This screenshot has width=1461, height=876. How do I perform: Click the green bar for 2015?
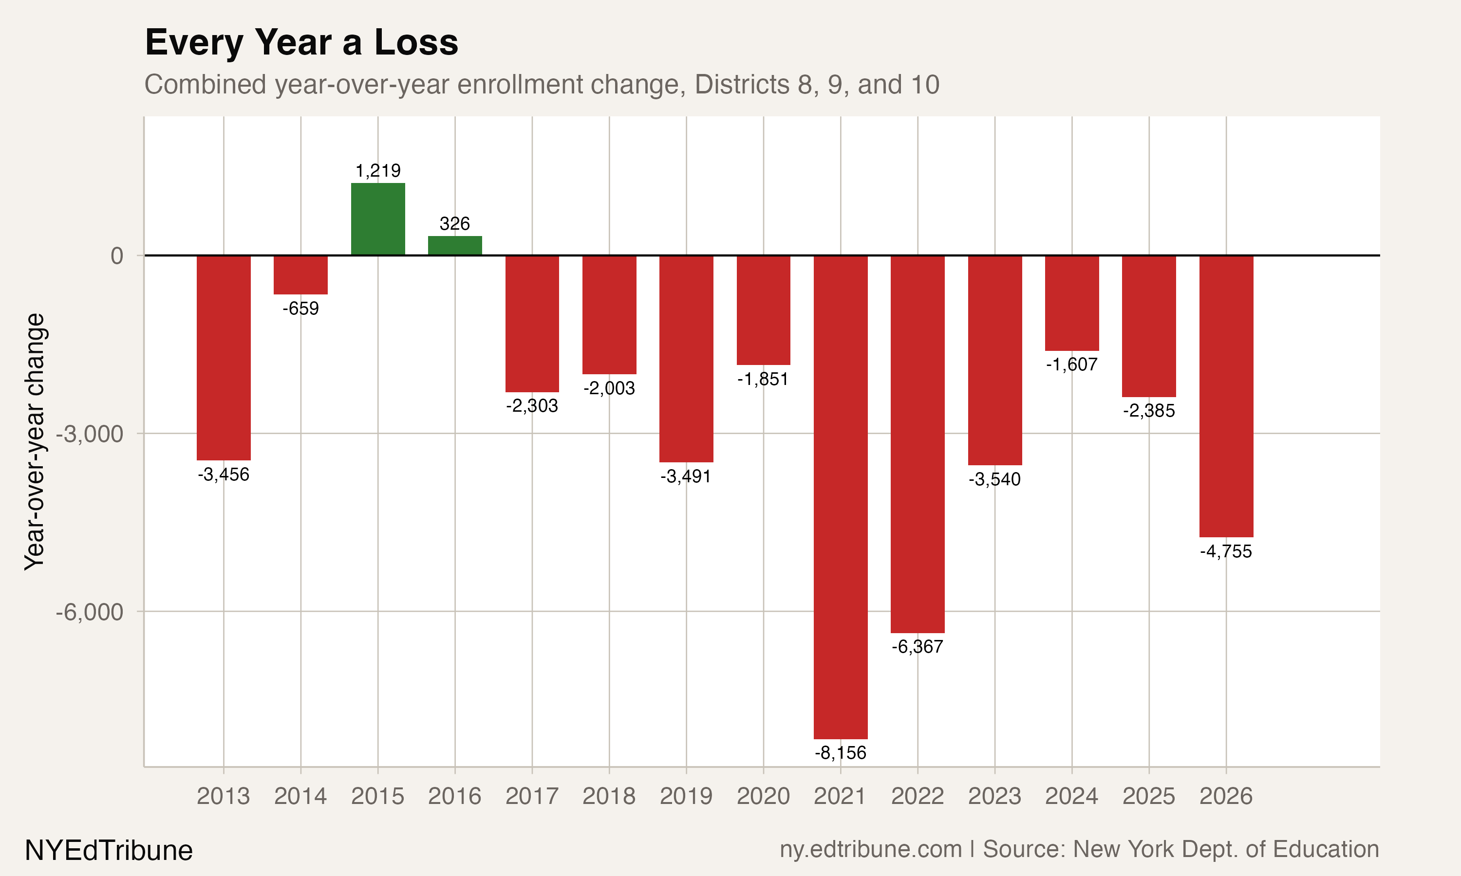pyautogui.click(x=378, y=219)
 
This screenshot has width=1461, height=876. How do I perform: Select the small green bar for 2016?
pyautogui.click(x=455, y=246)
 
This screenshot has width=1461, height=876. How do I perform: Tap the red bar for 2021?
pyautogui.click(x=841, y=497)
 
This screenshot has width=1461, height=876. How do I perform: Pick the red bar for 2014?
pyautogui.click(x=300, y=275)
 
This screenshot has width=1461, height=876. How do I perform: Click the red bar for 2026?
pyautogui.click(x=1226, y=396)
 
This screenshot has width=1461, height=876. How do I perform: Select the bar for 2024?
pyautogui.click(x=1072, y=303)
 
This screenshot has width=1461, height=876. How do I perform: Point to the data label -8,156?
pyautogui.click(x=841, y=752)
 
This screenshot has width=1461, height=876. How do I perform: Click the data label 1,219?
pyautogui.click(x=378, y=171)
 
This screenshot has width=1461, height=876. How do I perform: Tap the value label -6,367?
pyautogui.click(x=917, y=647)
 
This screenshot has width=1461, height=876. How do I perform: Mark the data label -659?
pyautogui.click(x=300, y=309)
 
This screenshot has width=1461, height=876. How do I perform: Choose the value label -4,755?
pyautogui.click(x=1226, y=551)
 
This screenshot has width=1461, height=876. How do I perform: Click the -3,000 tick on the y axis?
pyautogui.click(x=90, y=434)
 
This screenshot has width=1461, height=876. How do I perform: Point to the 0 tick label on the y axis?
pyautogui.click(x=117, y=255)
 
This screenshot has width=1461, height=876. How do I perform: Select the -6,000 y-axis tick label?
pyautogui.click(x=90, y=612)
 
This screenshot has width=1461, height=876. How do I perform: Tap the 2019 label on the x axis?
pyautogui.click(x=686, y=796)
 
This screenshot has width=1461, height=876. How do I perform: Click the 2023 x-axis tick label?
pyautogui.click(x=994, y=796)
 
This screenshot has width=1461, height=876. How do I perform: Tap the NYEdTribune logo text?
pyautogui.click(x=109, y=850)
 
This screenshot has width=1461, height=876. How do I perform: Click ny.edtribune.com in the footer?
pyautogui.click(x=870, y=849)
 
